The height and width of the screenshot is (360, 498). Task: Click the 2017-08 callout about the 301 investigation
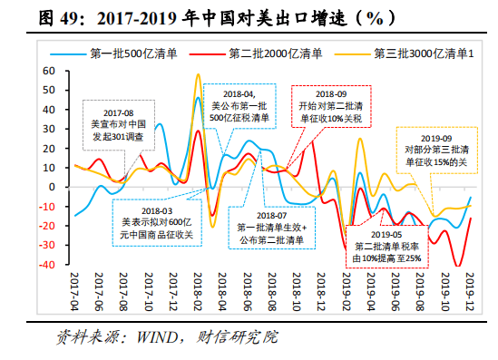120,124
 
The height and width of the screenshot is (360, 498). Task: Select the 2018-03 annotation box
157,219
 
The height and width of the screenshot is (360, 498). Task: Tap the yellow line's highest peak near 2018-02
198,75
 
